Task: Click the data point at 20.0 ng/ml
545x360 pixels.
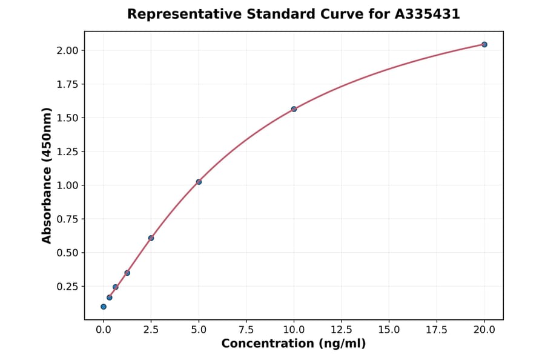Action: [484, 44]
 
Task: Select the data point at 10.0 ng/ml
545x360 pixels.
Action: [294, 109]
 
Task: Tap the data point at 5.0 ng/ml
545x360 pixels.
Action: [199, 182]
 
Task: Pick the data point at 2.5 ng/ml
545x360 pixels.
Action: [151, 238]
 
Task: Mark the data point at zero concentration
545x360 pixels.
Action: [104, 307]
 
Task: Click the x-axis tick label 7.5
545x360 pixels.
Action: [246, 330]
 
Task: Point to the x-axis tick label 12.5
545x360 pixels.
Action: [341, 330]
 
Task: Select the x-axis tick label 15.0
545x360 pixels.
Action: [389, 330]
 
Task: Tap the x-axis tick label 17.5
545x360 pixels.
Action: [437, 330]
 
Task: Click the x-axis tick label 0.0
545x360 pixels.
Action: [104, 330]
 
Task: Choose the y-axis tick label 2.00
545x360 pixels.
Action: [67, 50]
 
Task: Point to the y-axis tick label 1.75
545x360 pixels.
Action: [67, 84]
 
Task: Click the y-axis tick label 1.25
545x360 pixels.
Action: [67, 152]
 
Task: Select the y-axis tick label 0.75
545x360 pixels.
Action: [67, 219]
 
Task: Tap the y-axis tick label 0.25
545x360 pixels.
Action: [67, 287]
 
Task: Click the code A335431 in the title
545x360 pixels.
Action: [428, 14]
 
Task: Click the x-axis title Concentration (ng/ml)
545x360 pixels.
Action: [294, 344]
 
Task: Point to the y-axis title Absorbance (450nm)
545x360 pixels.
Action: [47, 176]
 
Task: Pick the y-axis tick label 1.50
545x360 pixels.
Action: [67, 118]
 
